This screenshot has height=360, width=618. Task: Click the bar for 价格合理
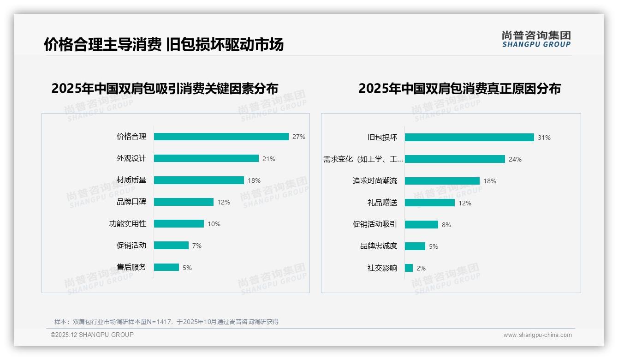(x=221, y=137)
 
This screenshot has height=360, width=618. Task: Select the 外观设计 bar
(x=206, y=158)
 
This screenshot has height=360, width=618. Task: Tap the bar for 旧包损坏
(x=469, y=138)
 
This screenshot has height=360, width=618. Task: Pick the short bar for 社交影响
(x=409, y=268)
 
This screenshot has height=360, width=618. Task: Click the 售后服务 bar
(x=166, y=267)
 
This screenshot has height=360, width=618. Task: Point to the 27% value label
(x=298, y=137)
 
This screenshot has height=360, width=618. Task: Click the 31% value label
(x=544, y=138)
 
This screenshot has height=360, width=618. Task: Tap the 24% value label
(x=515, y=159)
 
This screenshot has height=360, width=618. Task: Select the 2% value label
(x=421, y=268)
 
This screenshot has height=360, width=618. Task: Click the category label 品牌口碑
(x=131, y=202)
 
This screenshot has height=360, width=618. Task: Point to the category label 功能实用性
(x=127, y=223)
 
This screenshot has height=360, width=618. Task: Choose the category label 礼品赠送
(x=382, y=203)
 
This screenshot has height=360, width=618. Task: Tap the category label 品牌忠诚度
(x=378, y=246)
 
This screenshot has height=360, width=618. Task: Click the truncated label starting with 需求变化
(x=362, y=159)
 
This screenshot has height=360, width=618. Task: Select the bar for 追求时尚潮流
(x=442, y=181)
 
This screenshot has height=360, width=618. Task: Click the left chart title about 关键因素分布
(x=165, y=88)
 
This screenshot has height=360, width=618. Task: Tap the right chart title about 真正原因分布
(x=459, y=88)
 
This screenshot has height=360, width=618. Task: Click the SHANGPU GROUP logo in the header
(x=536, y=39)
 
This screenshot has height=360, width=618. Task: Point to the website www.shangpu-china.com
(x=537, y=335)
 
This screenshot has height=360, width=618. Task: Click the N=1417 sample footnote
(x=166, y=322)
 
